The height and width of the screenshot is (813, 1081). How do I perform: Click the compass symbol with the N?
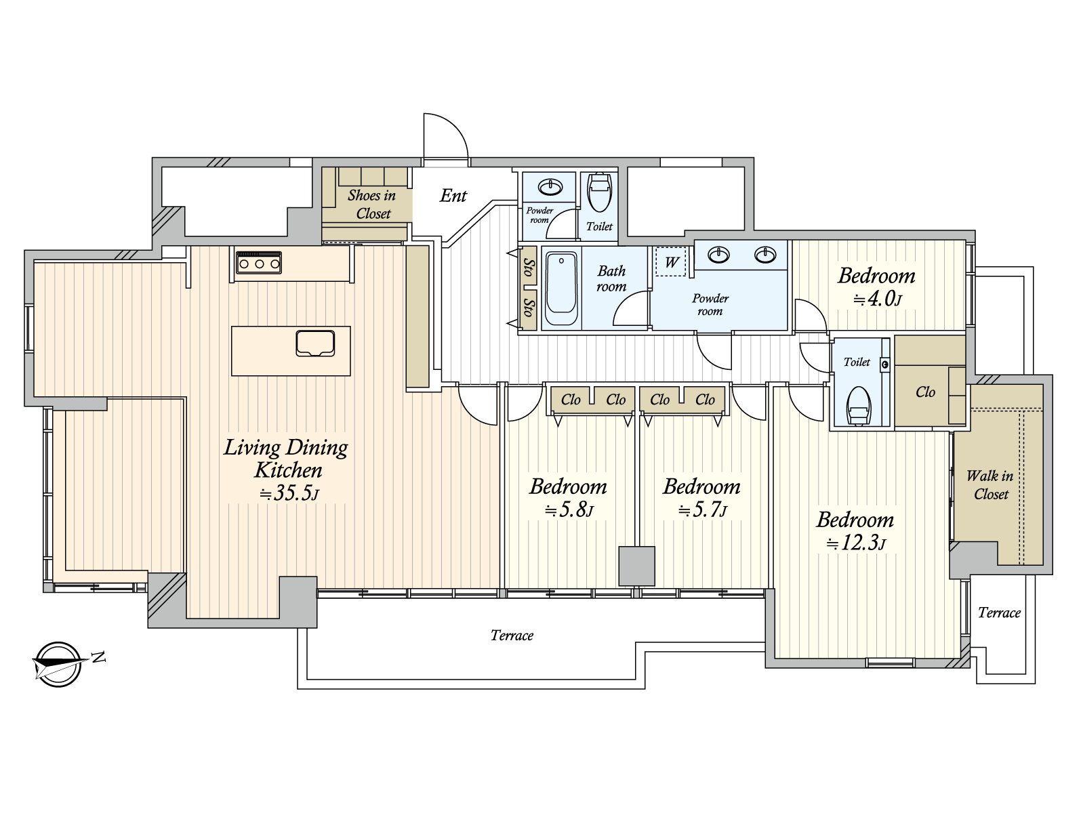59,664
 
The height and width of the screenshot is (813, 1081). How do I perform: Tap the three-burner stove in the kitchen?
258,263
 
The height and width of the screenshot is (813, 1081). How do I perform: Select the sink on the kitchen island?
315,343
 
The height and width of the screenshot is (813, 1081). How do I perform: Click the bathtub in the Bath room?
561,289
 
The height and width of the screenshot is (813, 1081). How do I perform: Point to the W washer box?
671,262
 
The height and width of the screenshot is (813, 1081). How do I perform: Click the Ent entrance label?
453,196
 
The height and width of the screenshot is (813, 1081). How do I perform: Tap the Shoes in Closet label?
372,204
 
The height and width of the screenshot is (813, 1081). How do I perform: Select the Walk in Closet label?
990,484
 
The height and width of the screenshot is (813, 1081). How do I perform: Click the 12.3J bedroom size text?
856,543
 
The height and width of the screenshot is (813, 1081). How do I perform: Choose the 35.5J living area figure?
289,493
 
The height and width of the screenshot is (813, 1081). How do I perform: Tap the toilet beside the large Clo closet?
858,405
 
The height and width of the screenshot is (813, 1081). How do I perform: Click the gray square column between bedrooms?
637,566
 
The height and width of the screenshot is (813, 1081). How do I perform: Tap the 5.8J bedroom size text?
569,510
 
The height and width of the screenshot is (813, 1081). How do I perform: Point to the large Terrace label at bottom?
512,635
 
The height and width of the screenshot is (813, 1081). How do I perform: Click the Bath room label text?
611,278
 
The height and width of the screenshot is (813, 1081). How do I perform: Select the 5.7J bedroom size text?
702,510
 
